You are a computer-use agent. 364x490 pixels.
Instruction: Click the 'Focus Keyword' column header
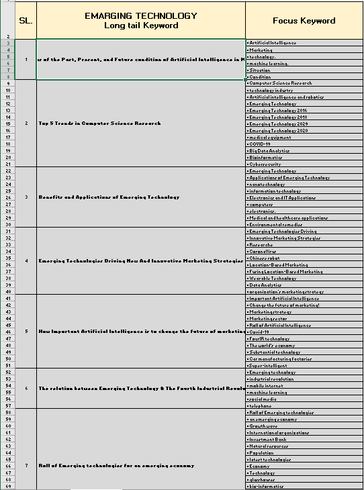[304, 21]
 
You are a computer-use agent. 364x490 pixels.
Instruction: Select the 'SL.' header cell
[26, 21]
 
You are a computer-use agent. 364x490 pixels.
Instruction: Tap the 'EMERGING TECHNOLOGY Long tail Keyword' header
[141, 21]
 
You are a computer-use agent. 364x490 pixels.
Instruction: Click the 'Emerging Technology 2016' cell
[277, 110]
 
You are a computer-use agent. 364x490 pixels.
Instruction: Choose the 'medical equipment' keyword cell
[271, 137]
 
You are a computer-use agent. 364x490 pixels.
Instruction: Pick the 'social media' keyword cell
[265, 399]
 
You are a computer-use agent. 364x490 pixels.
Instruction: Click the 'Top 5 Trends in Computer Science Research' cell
[100, 124]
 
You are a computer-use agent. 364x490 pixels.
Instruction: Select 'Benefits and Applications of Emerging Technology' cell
[109, 197]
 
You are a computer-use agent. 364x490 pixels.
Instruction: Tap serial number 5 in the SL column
[26, 332]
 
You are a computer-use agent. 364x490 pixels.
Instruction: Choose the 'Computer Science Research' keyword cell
[281, 83]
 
